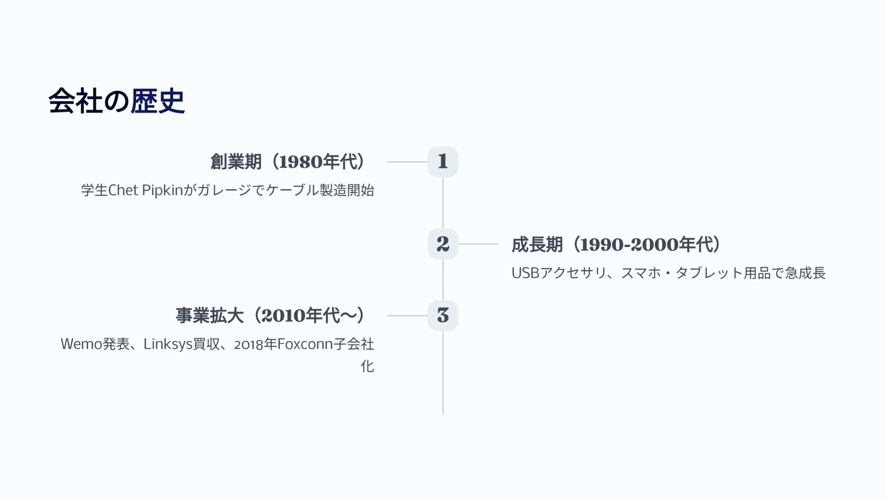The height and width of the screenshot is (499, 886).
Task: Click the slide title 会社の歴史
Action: (116, 101)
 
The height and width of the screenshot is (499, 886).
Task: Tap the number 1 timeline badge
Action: (443, 162)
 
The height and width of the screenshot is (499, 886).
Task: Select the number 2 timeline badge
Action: (443, 244)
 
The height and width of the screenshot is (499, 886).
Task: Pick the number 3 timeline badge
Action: (443, 316)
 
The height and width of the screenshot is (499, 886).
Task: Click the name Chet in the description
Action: (123, 190)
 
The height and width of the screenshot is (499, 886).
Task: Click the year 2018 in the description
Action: (249, 344)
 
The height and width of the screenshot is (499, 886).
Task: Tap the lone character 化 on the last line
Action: (367, 366)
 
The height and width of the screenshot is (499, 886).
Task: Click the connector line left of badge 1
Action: (408, 162)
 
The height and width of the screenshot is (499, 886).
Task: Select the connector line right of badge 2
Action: (478, 244)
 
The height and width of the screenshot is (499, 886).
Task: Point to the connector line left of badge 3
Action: (408, 316)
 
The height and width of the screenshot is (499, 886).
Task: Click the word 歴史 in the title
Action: (158, 101)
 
